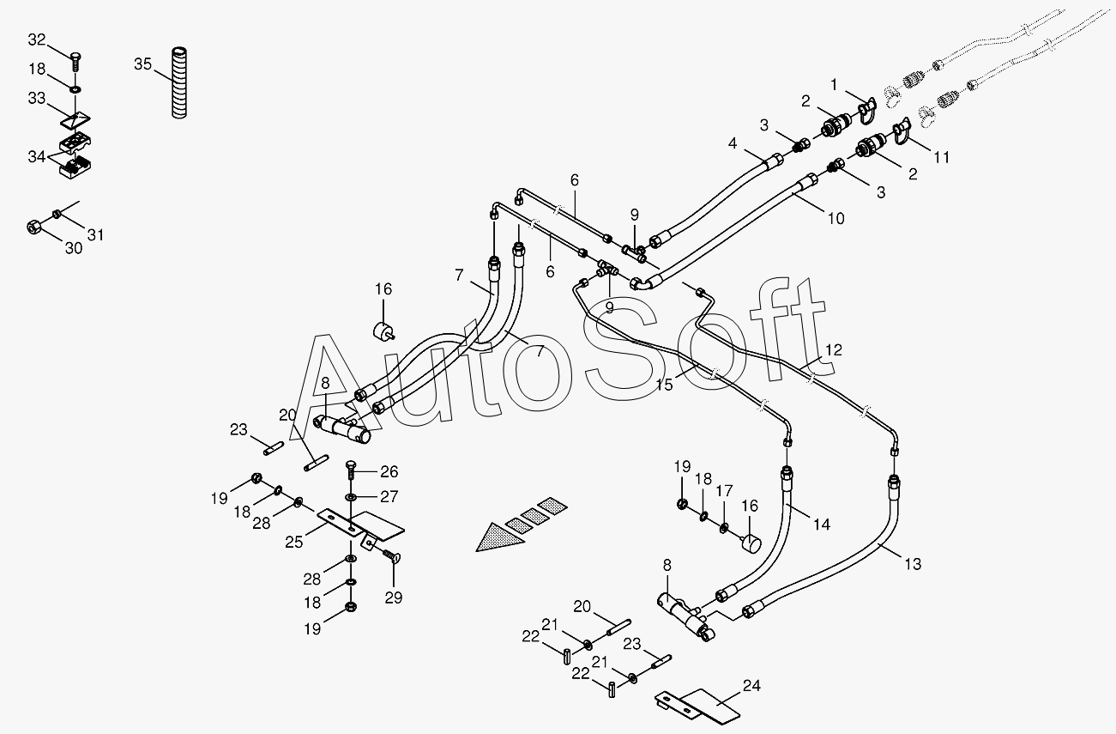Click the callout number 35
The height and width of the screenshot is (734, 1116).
click(x=143, y=64)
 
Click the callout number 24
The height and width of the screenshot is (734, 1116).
click(x=751, y=686)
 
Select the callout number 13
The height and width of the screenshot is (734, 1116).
click(x=913, y=564)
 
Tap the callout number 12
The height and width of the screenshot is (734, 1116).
click(x=834, y=350)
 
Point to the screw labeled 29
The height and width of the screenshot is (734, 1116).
click(x=395, y=559)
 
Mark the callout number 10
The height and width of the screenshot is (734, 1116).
click(x=836, y=218)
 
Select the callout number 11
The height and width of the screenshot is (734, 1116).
click(x=942, y=157)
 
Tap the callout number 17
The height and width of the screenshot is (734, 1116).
click(x=725, y=491)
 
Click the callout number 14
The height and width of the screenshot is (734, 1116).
click(x=822, y=525)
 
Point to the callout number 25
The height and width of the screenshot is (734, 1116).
click(x=294, y=543)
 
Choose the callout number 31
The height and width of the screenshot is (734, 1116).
click(x=95, y=234)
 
